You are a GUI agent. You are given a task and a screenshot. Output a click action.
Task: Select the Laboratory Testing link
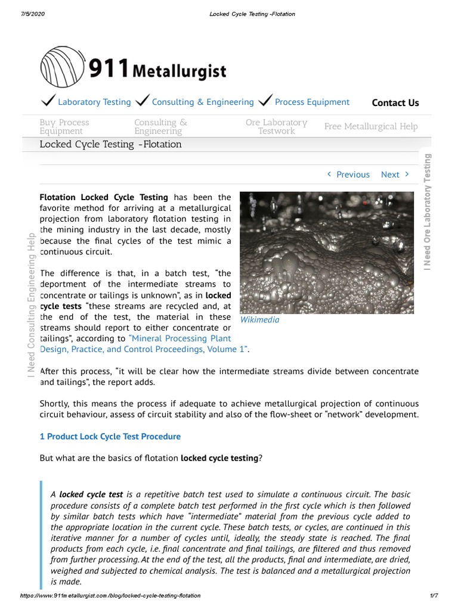tap(94, 102)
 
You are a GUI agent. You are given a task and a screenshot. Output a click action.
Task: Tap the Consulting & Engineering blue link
tap(203, 102)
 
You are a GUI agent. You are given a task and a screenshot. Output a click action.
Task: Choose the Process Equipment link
tap(312, 102)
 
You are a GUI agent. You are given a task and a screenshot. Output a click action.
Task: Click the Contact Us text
tap(395, 102)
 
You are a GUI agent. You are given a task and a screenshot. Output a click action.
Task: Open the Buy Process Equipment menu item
tap(64, 126)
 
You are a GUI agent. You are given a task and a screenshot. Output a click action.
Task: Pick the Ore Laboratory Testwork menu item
tap(276, 126)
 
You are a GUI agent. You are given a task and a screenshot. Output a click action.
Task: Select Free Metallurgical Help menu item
tap(371, 126)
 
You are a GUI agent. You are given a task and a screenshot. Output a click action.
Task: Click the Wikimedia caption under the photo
tap(259, 320)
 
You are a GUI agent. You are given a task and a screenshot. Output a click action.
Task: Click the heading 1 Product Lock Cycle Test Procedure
tap(110, 437)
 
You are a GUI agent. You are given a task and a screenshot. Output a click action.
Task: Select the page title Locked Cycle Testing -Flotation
tap(110, 144)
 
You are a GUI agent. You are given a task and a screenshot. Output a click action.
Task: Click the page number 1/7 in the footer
tap(434, 596)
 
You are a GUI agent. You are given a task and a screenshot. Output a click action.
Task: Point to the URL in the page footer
tap(110, 596)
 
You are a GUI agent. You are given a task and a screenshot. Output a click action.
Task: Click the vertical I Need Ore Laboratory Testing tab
tap(427, 211)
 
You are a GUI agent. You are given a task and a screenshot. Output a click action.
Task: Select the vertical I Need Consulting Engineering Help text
tap(29, 303)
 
